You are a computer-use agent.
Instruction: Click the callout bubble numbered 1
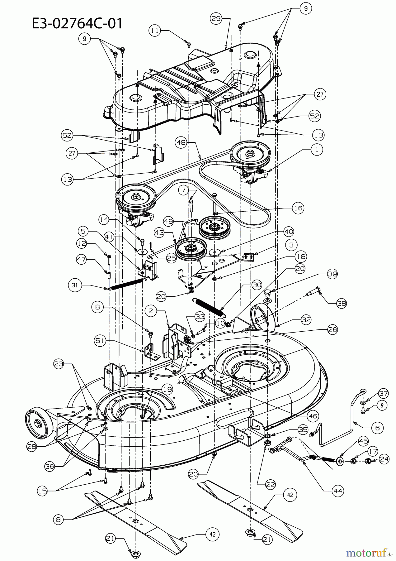(x=317, y=149)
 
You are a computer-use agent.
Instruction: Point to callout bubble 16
(x=298, y=208)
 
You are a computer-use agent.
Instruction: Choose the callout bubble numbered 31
(x=75, y=285)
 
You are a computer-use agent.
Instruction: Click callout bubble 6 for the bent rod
(x=377, y=428)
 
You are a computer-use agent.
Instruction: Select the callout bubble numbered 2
(x=151, y=311)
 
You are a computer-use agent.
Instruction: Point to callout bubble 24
(x=384, y=459)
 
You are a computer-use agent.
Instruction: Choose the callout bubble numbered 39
(x=332, y=274)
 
